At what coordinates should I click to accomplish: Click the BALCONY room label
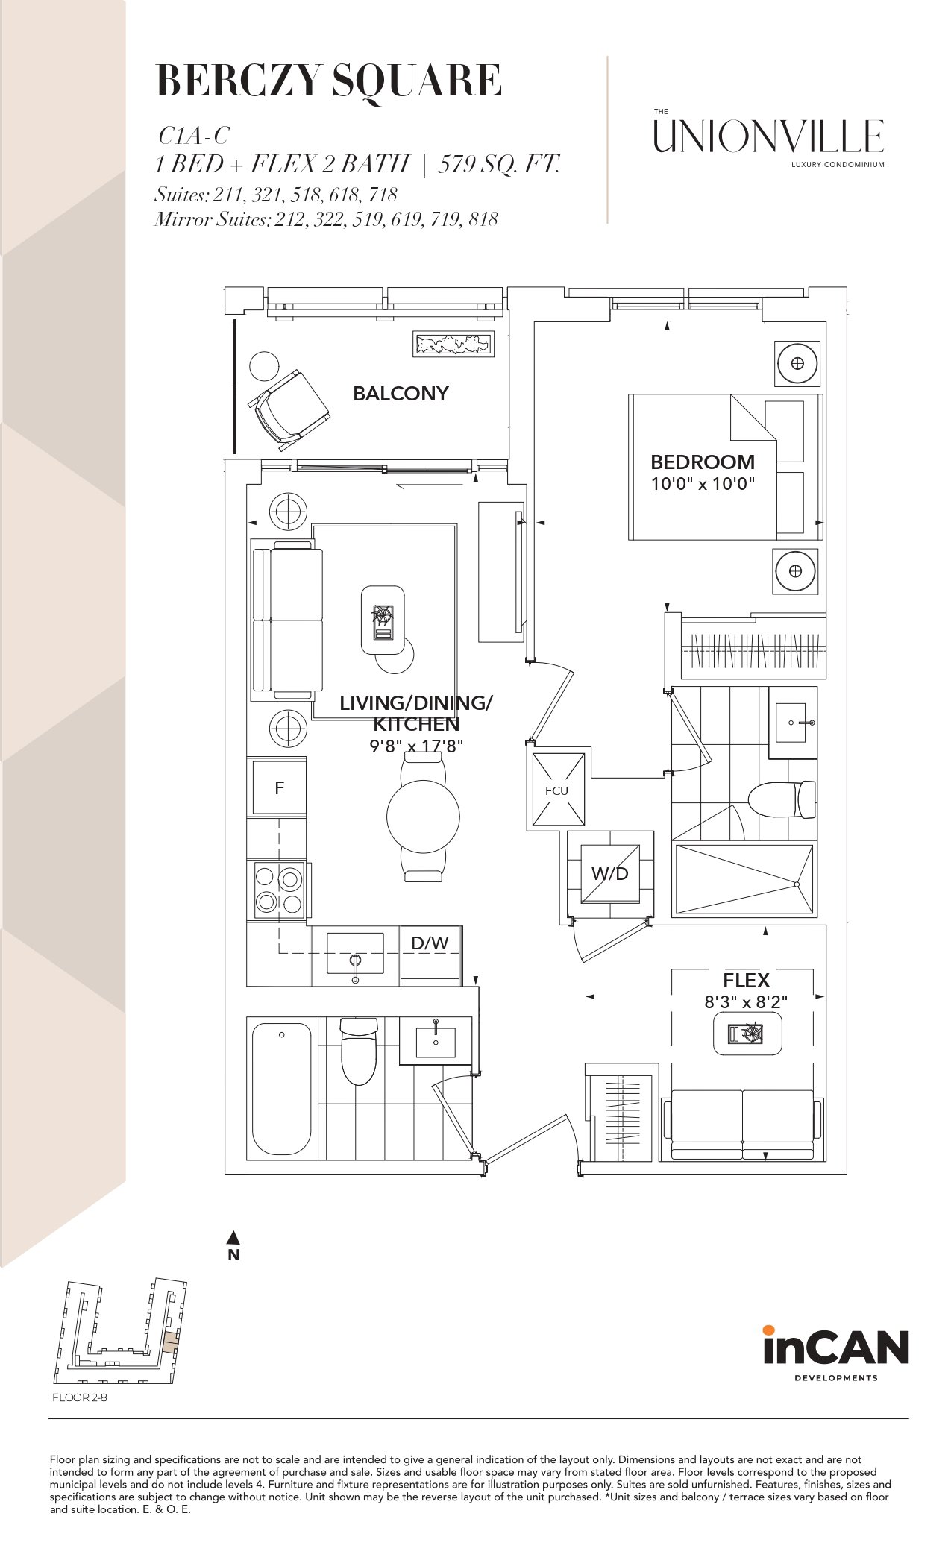(401, 393)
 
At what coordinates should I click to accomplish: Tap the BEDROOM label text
(703, 462)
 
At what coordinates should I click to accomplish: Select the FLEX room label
(746, 980)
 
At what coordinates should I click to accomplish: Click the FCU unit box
(556, 790)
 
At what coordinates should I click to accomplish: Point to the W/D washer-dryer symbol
(610, 873)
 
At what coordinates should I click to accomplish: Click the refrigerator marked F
(279, 787)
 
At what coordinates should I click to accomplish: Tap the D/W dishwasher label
(430, 943)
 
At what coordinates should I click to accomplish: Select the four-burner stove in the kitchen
(280, 890)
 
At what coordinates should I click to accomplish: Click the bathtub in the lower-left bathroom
(281, 1088)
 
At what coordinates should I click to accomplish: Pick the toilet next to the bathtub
(359, 1051)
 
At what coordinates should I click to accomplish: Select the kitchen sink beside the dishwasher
(355, 952)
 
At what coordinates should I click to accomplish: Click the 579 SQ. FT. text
(498, 164)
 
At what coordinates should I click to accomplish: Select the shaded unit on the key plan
(172, 1342)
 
